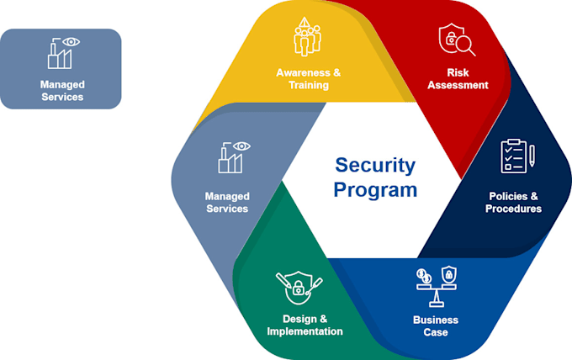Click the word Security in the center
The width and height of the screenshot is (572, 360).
pos(375,165)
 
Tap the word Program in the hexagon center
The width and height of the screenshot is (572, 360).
pos(375,189)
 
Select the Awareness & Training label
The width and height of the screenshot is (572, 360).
pos(309,79)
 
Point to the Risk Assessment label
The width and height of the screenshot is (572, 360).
pos(457,79)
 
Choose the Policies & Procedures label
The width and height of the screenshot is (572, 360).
pos(513,202)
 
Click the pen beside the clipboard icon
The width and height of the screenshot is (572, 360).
pos(532,156)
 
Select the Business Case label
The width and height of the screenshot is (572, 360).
pos(436,326)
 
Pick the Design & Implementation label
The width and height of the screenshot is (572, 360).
pos(305,325)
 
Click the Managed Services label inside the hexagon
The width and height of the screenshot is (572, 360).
pos(227,202)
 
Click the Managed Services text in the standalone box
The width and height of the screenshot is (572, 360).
pos(61,90)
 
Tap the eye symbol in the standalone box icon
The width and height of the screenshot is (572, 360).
pos(72,41)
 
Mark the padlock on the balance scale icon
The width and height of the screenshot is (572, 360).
pos(449,274)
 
